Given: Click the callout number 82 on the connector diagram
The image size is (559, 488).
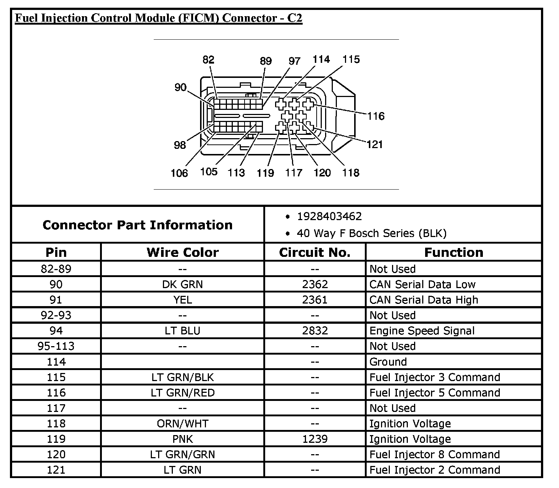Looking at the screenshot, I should (x=208, y=60).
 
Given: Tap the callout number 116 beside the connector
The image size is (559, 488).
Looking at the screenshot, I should (x=375, y=116).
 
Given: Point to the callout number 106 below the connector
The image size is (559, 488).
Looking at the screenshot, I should (x=179, y=173).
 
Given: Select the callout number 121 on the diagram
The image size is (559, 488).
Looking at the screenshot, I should (x=375, y=144).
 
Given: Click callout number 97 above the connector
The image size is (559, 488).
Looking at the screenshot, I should (x=294, y=61).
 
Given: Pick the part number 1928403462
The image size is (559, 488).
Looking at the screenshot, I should (x=329, y=216).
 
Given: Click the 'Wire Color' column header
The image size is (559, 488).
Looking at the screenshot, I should (x=182, y=252).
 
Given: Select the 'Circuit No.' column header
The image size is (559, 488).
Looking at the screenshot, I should (x=314, y=252).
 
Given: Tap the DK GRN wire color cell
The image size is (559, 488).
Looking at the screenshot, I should (x=182, y=284).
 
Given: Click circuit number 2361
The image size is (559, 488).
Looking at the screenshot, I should (x=314, y=300).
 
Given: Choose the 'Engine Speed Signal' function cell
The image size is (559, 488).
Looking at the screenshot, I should (x=422, y=331).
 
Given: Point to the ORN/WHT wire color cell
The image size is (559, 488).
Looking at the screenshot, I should (x=182, y=424).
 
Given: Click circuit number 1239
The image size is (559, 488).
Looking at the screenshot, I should (x=314, y=439).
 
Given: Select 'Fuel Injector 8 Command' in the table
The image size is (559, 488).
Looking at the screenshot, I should (x=434, y=455).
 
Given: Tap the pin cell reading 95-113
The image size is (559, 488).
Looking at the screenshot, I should (x=56, y=346).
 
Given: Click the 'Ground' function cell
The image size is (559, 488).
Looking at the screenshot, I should (x=388, y=362).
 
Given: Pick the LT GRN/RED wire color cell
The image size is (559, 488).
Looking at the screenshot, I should (x=182, y=393).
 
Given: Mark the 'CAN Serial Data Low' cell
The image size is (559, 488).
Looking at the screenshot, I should (x=422, y=284).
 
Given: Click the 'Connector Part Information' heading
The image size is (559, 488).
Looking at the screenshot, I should (x=138, y=225).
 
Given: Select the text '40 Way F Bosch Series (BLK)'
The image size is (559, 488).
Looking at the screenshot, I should (x=371, y=233).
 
